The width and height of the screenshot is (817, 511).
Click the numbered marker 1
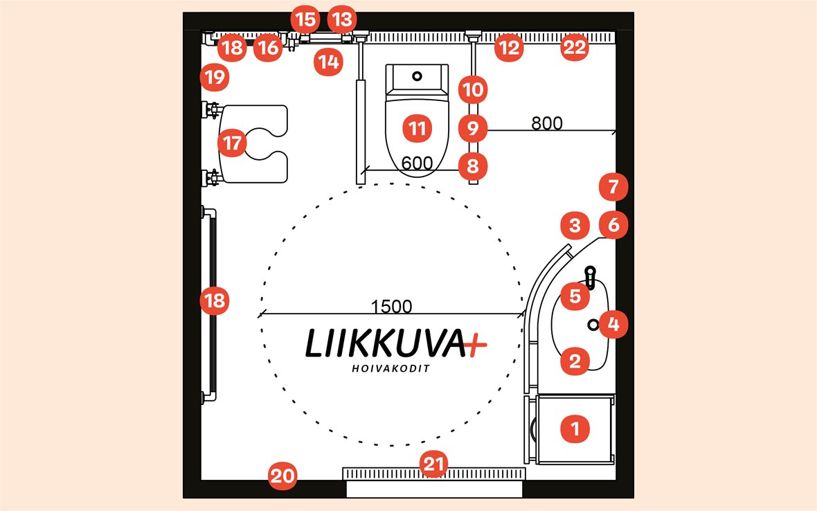(574, 429)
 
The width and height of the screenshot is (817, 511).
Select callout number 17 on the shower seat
(232, 143)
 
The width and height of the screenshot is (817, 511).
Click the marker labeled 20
(282, 476)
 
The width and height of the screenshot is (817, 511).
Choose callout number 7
(613, 187)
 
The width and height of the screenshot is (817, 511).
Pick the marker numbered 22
(574, 48)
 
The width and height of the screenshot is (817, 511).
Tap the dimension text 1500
(391, 306)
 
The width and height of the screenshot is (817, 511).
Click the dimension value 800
(547, 123)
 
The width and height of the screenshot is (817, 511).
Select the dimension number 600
(417, 163)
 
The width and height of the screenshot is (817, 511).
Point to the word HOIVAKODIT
(390, 368)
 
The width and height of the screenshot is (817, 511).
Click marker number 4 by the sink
(613, 323)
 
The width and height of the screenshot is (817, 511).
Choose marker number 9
(473, 128)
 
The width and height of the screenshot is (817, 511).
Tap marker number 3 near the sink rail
(574, 225)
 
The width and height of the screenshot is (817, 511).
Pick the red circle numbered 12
(509, 48)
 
